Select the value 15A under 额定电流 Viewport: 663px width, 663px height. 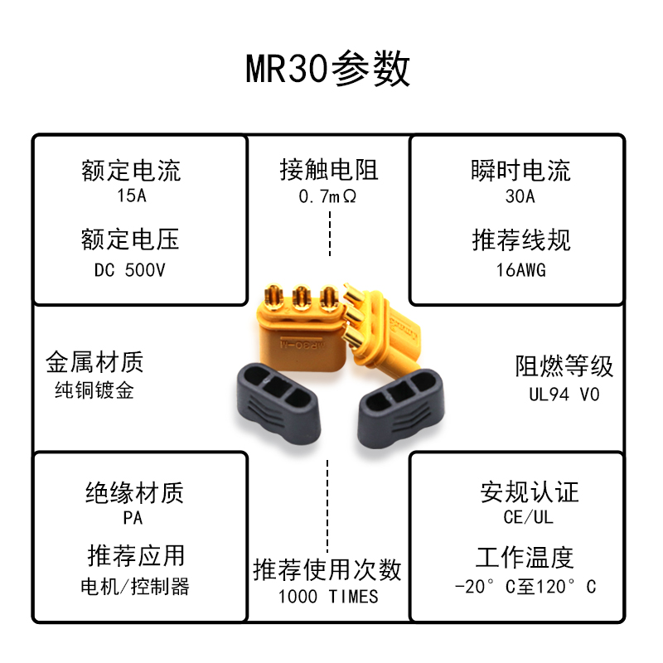click(131, 197)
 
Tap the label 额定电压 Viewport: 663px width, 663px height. click(131, 240)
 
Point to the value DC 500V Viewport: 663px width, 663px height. click(131, 269)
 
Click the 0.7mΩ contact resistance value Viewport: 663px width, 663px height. click(329, 197)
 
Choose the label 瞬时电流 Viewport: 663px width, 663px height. click(520, 171)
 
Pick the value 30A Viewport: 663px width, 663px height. click(520, 197)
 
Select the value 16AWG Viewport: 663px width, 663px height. click(520, 269)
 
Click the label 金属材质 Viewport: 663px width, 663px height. click(94, 362)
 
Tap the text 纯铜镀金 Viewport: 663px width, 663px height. click(94, 390)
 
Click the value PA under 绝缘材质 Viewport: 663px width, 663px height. click(133, 518)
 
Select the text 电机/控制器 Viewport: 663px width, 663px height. click(135, 587)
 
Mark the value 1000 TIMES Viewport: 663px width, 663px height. click(328, 596)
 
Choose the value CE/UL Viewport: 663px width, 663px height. click(529, 518)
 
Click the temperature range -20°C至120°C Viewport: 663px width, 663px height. click(525, 587)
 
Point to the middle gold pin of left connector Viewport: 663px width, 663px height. click(299, 298)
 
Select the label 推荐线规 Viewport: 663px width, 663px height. click(520, 240)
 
